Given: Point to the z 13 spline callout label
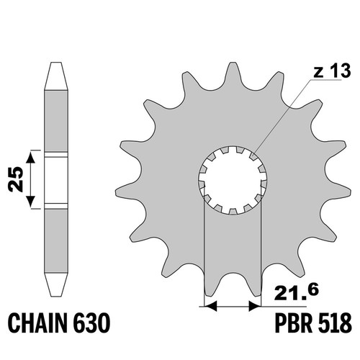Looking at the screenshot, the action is click(332, 71).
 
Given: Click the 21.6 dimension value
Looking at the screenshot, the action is click(297, 292).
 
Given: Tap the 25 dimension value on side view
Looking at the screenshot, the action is click(16, 179).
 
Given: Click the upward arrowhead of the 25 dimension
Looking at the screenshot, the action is click(30, 158).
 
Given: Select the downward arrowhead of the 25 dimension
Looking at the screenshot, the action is click(30, 202).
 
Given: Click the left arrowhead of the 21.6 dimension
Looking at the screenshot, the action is click(210, 307).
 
